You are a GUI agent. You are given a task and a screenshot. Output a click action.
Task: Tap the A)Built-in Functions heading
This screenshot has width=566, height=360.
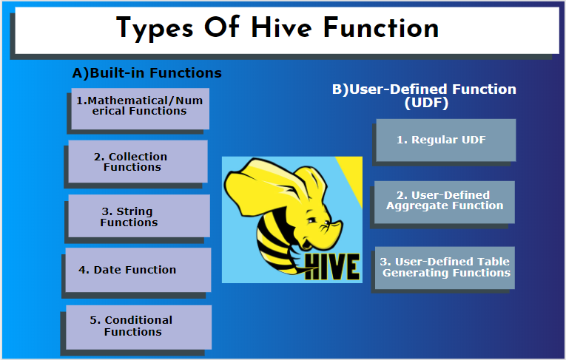coord(146,73)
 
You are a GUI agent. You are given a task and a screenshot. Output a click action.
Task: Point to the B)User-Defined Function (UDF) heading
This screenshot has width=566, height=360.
coord(424,95)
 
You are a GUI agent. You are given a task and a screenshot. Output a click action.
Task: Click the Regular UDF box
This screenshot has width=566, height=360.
coord(445,140)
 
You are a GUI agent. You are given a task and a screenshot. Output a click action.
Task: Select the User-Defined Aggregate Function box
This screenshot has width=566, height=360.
coord(445,201)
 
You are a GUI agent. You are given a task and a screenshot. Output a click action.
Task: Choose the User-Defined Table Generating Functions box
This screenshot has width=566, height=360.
coord(445,267)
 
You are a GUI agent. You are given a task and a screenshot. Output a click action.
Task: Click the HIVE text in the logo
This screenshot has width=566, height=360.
coord(332,265)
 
